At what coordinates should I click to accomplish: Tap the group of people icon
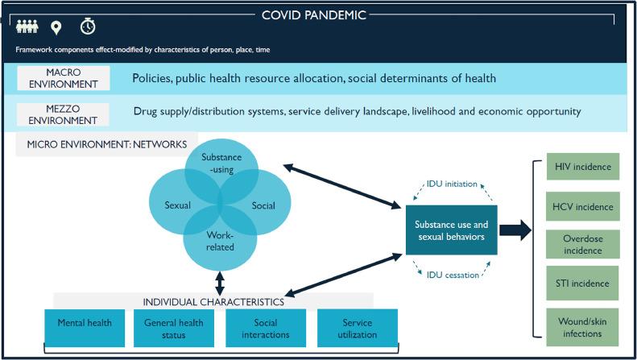27,27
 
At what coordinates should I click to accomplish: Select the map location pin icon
56,28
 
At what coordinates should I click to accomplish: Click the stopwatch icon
87,27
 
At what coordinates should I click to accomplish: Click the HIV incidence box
583,168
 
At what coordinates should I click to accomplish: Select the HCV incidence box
583,207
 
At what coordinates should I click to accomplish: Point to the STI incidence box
583,283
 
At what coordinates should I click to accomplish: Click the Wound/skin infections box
583,327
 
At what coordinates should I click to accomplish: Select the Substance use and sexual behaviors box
450,229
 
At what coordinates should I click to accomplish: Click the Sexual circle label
177,205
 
